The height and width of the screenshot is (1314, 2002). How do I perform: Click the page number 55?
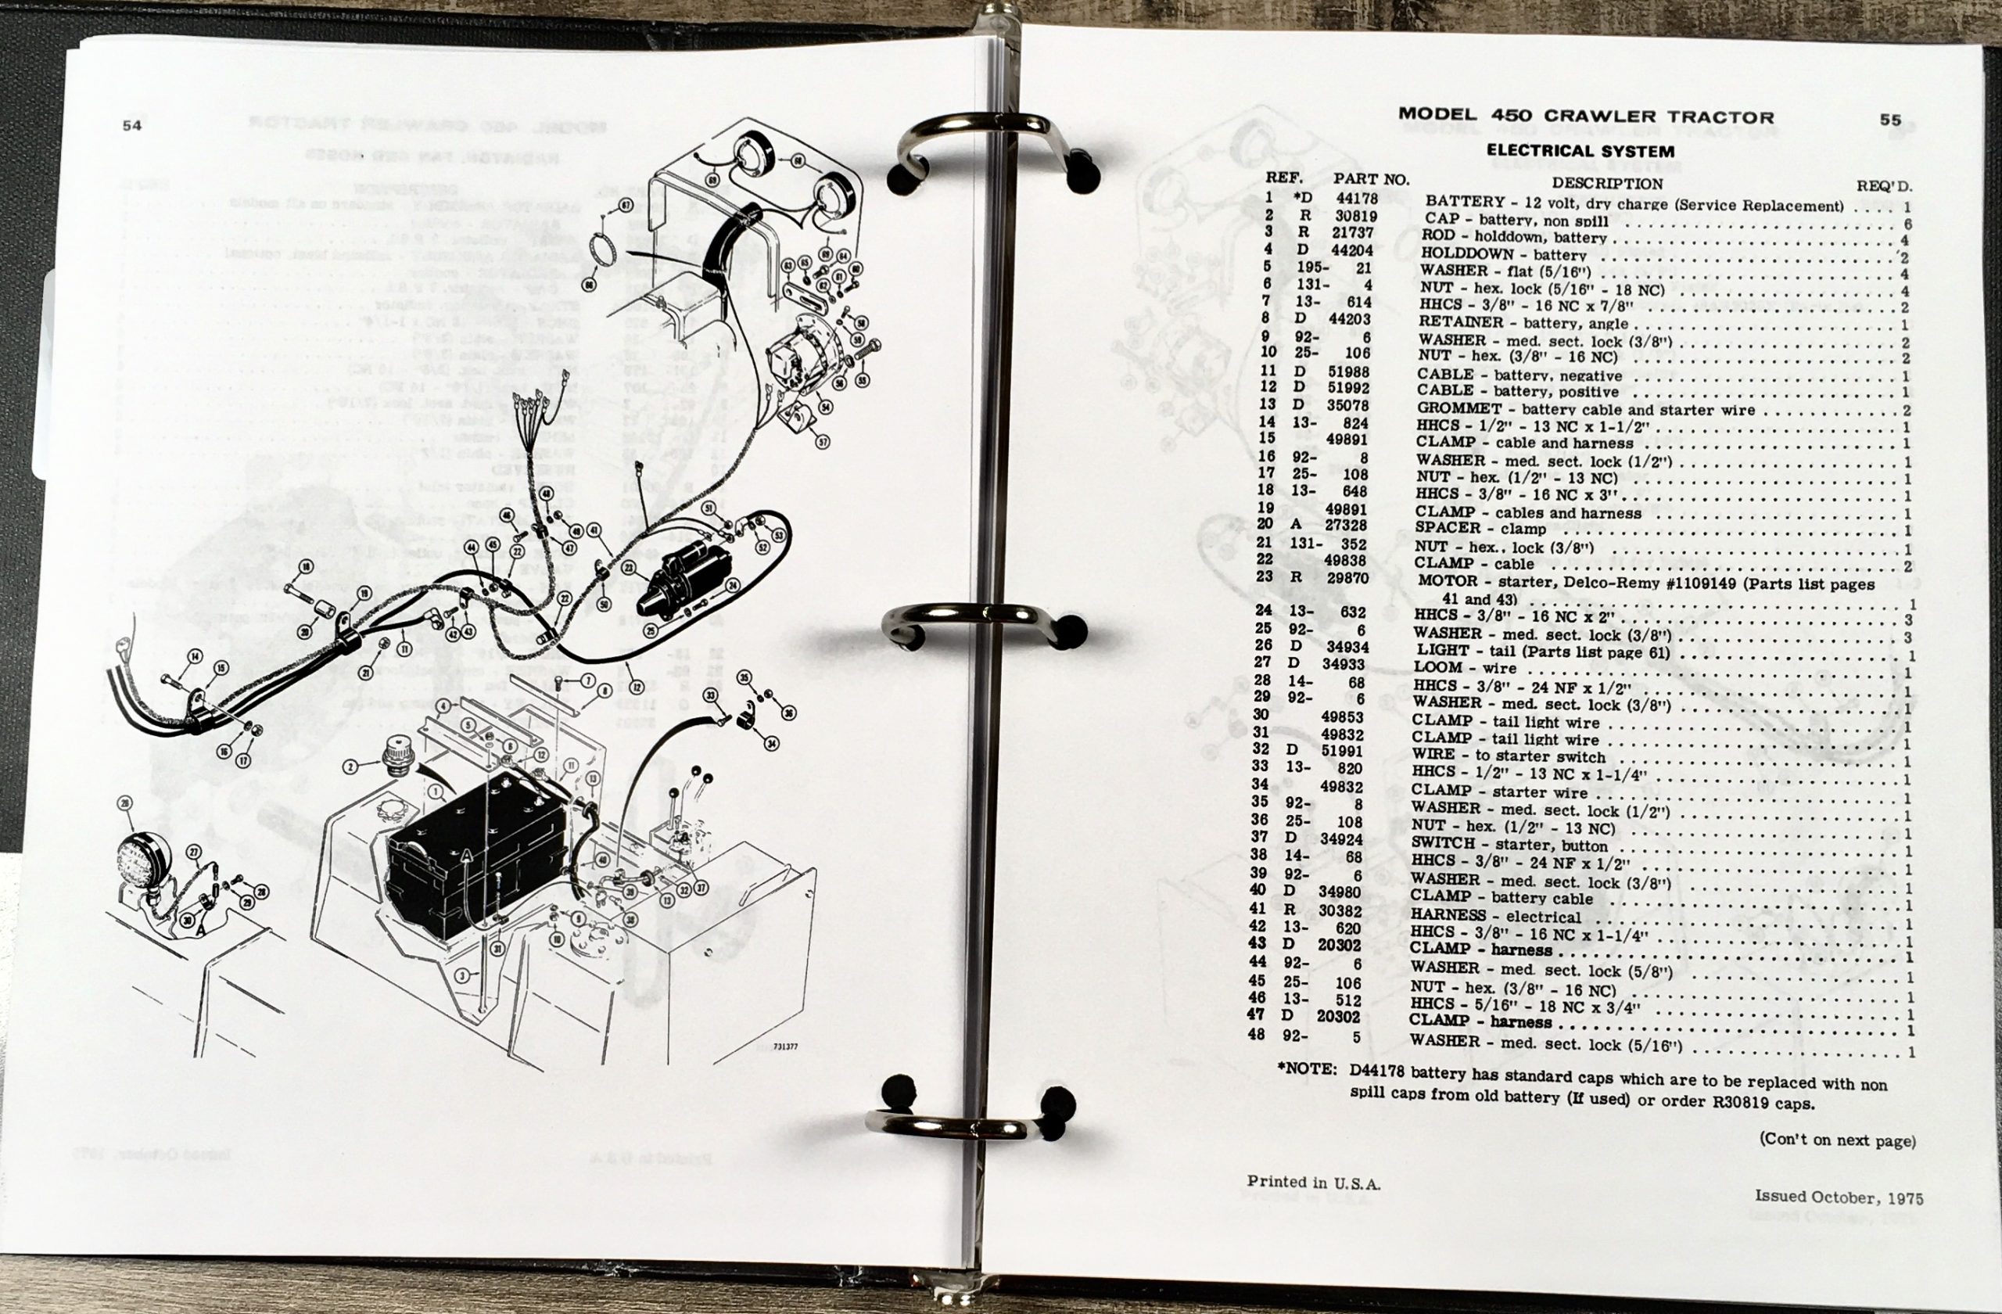click(1890, 120)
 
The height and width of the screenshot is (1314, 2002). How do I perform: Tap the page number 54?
click(132, 125)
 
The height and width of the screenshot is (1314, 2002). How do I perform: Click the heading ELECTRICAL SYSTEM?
click(1580, 152)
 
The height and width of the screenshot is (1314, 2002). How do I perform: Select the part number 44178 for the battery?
click(1356, 199)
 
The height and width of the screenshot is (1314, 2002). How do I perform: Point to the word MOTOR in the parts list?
click(1447, 580)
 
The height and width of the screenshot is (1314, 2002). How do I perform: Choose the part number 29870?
click(1347, 578)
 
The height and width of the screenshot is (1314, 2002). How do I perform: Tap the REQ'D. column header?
click(1883, 186)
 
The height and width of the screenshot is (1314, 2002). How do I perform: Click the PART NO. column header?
click(1370, 179)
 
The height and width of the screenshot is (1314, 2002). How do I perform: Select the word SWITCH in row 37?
click(1443, 843)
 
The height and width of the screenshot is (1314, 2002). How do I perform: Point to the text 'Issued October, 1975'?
click(1839, 1196)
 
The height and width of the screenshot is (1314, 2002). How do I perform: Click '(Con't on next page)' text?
click(1837, 1140)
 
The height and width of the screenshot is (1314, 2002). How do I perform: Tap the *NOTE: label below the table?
click(1306, 1069)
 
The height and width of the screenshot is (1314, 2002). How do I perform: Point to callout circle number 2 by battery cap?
click(351, 766)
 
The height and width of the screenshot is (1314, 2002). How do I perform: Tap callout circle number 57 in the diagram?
click(822, 442)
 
